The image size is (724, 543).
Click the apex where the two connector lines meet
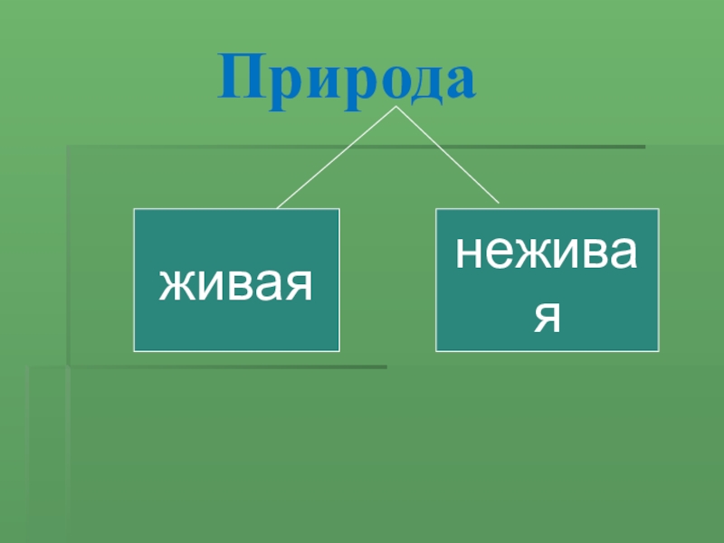pos(395,108)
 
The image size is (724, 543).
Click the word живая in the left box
pos(237,284)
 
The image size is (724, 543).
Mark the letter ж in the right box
pos(529,254)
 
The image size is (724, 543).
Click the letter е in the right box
pos(496,254)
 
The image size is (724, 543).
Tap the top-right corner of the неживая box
pos(658,209)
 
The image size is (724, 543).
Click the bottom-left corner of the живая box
pos(135,350)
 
